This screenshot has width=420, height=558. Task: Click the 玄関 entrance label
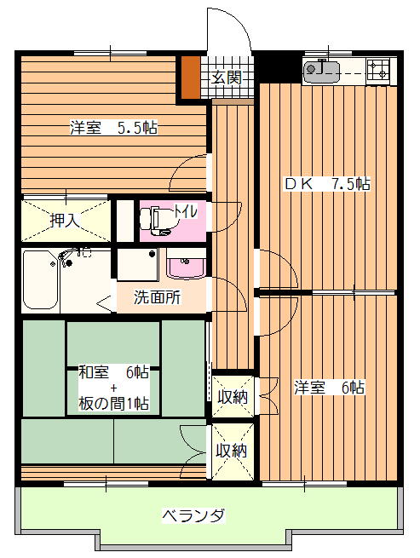point(227,78)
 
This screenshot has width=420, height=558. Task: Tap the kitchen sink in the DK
point(322,72)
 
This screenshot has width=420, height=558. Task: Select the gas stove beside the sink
point(377,70)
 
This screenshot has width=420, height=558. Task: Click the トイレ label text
point(185,212)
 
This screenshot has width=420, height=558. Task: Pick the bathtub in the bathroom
point(40,279)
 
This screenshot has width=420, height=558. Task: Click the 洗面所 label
point(157,297)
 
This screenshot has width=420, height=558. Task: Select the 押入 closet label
point(65,221)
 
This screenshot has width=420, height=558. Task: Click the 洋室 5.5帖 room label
point(114,128)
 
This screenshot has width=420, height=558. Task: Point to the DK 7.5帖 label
point(327,184)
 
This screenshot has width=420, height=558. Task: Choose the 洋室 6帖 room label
point(329,388)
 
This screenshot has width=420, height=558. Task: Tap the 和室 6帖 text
point(113,372)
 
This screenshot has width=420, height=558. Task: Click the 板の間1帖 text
point(113,403)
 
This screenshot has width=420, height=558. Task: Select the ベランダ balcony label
point(193,515)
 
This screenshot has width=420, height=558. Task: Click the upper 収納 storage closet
point(233,396)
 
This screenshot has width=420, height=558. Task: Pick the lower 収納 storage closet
point(233,452)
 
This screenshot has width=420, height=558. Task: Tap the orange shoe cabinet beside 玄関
point(191,78)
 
